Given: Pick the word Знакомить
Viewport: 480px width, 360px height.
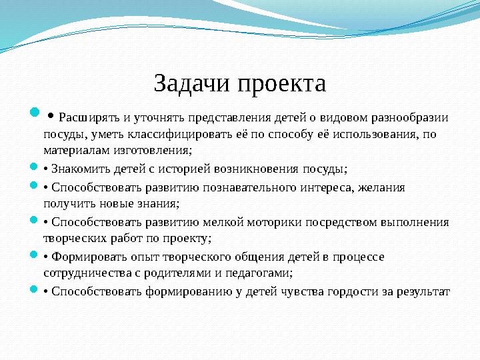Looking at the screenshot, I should click(x=80, y=168).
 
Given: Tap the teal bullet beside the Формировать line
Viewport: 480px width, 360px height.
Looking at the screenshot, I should click(x=35, y=255).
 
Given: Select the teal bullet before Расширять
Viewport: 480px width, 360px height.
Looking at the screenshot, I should click(x=35, y=117).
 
